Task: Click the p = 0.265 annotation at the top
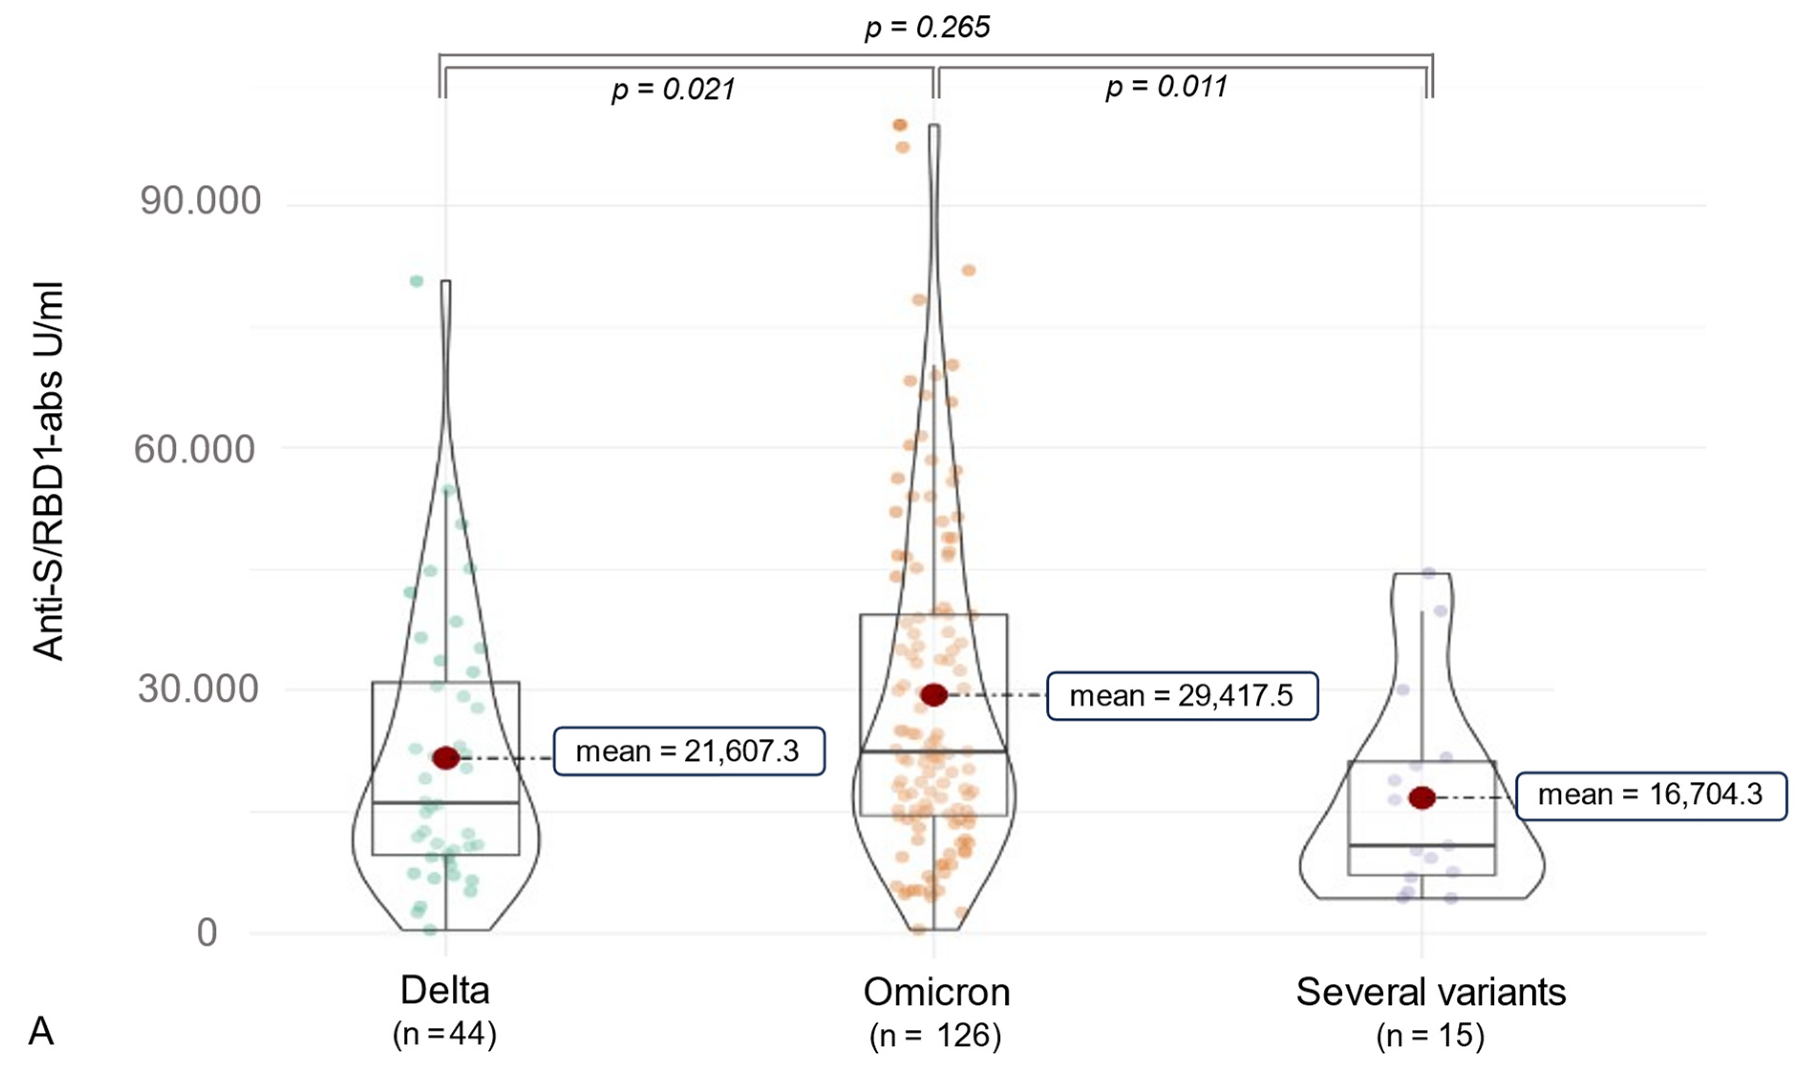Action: [927, 28]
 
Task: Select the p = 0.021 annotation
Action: [673, 89]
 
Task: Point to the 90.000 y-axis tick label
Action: [199, 200]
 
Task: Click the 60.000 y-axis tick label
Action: [194, 448]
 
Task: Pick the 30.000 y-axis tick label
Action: [198, 689]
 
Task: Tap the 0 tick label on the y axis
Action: [207, 933]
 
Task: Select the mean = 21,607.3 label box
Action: [689, 751]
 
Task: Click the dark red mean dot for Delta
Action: [446, 758]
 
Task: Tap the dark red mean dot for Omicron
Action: [933, 695]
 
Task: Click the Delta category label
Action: [445, 990]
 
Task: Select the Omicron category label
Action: [936, 992]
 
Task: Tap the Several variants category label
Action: [1431, 992]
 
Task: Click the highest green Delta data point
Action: [416, 281]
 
